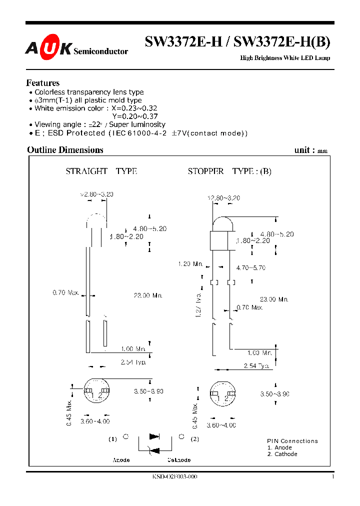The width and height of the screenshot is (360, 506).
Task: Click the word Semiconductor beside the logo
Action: pyautogui.click(x=100, y=51)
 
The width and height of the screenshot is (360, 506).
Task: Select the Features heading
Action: pyautogui.click(x=42, y=83)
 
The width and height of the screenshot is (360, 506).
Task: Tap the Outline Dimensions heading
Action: pyautogui.click(x=65, y=150)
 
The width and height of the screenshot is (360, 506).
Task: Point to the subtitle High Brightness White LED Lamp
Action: pyautogui.click(x=285, y=58)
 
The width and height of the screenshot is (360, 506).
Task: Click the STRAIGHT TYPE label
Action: pyautogui.click(x=101, y=171)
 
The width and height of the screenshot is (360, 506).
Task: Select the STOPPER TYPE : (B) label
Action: pyautogui.click(x=229, y=171)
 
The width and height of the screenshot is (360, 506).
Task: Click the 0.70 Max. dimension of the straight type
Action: pyautogui.click(x=65, y=292)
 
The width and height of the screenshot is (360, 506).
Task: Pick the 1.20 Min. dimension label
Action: pyautogui.click(x=190, y=263)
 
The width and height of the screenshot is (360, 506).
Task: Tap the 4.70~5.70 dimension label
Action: pyautogui.click(x=250, y=268)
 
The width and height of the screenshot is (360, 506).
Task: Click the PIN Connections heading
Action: pyautogui.click(x=292, y=441)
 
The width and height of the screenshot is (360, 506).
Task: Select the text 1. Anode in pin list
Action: pyautogui.click(x=279, y=447)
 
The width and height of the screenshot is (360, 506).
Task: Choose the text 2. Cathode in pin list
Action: pyautogui.click(x=282, y=454)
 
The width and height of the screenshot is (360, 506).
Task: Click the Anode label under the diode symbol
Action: pyautogui.click(x=121, y=460)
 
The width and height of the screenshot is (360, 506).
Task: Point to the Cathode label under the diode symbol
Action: pyautogui.click(x=179, y=460)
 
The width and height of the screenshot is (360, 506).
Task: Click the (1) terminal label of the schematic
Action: pyautogui.click(x=112, y=439)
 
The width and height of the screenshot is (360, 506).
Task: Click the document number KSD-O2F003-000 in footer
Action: pyautogui.click(x=174, y=477)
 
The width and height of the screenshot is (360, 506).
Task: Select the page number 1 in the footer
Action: pyautogui.click(x=332, y=477)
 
